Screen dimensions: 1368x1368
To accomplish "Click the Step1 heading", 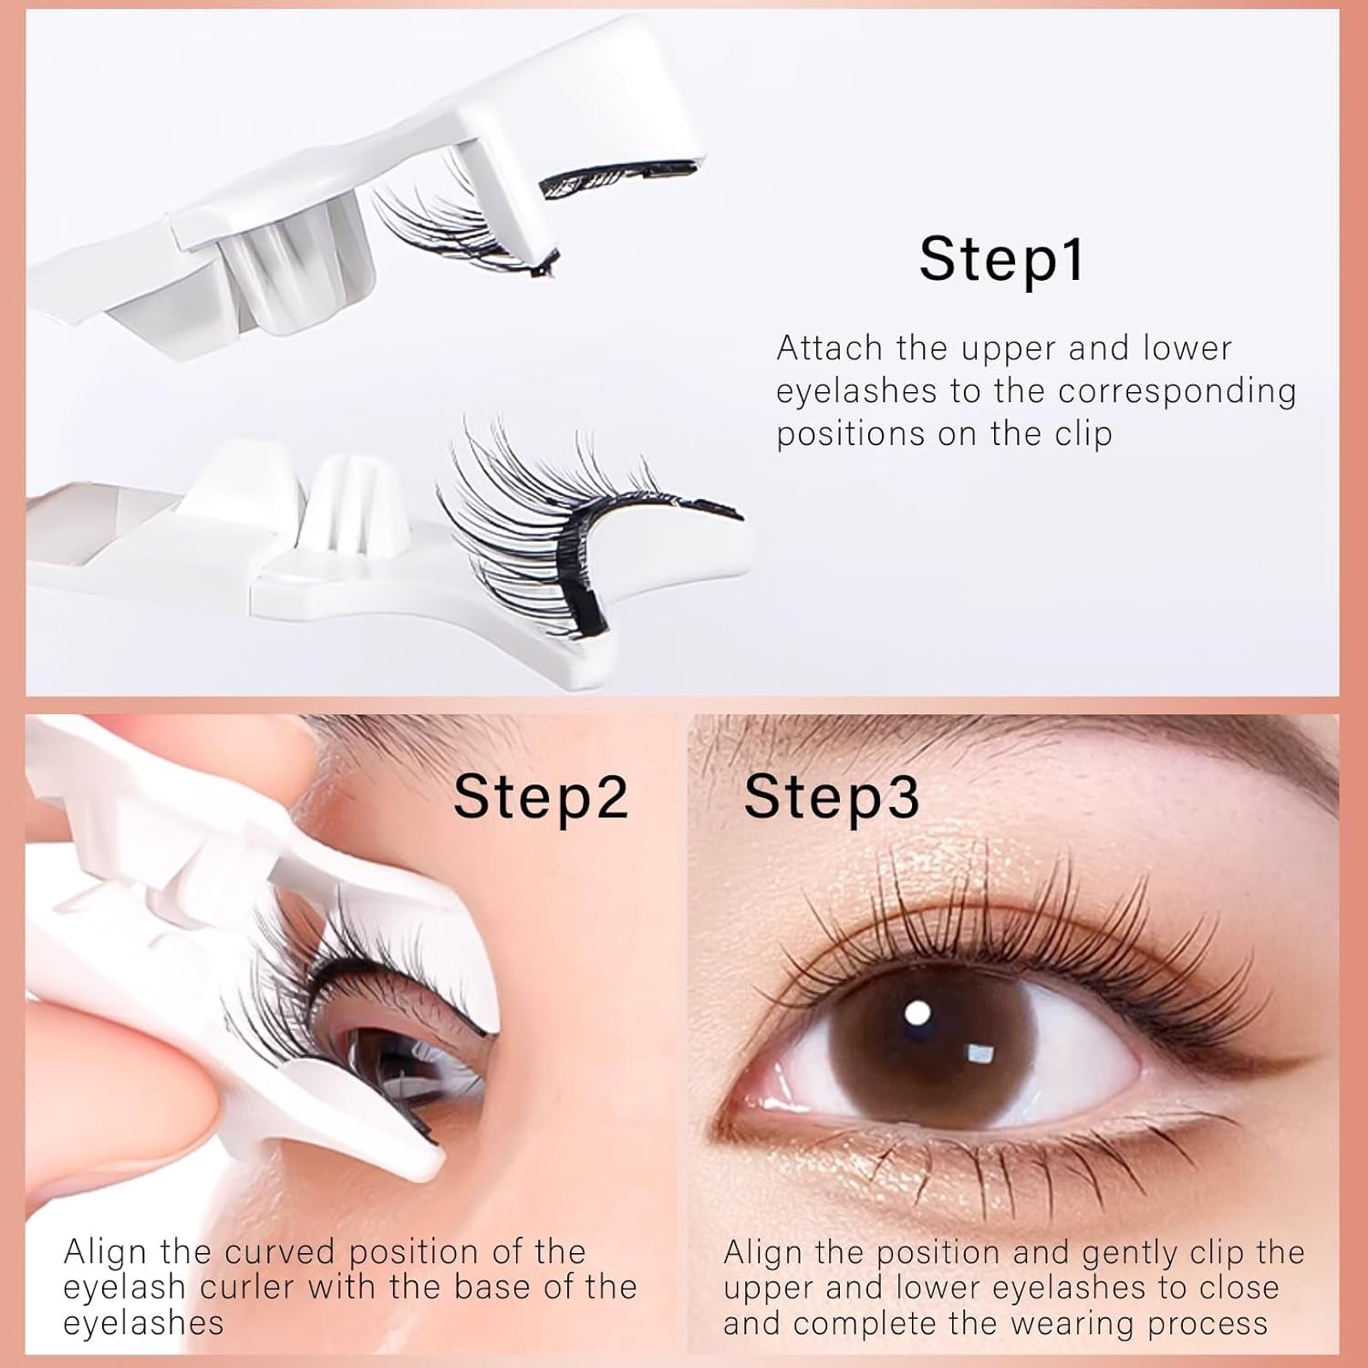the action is [1001, 261].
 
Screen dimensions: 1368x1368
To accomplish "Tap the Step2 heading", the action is [541, 798].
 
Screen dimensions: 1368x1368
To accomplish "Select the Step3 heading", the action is [832, 798].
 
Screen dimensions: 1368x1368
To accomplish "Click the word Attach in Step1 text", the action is [829, 348].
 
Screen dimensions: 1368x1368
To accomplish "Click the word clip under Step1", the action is [1083, 434].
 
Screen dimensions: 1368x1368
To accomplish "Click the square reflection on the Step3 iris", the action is [979, 1053].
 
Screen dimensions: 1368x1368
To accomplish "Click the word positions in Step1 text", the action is [852, 435].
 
